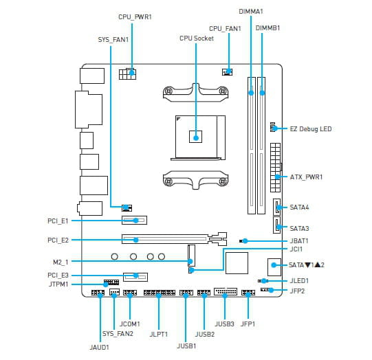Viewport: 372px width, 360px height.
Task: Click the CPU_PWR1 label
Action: point(135,17)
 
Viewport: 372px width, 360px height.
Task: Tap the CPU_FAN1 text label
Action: point(225,29)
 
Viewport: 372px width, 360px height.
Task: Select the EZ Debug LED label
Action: point(311,129)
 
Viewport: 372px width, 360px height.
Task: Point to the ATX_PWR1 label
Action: point(306,177)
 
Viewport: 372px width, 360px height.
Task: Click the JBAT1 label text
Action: point(299,241)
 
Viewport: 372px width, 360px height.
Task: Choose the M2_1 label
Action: point(61,262)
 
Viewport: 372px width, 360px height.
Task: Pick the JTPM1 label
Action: point(58,284)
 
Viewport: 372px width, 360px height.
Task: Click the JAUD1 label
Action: point(99,348)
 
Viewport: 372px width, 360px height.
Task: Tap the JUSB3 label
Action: point(224,324)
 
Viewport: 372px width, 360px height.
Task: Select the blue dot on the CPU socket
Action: point(196,137)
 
